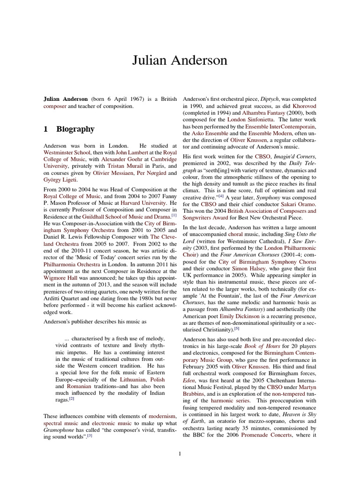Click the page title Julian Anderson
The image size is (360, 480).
(180, 60)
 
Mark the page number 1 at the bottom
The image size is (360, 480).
(180, 453)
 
